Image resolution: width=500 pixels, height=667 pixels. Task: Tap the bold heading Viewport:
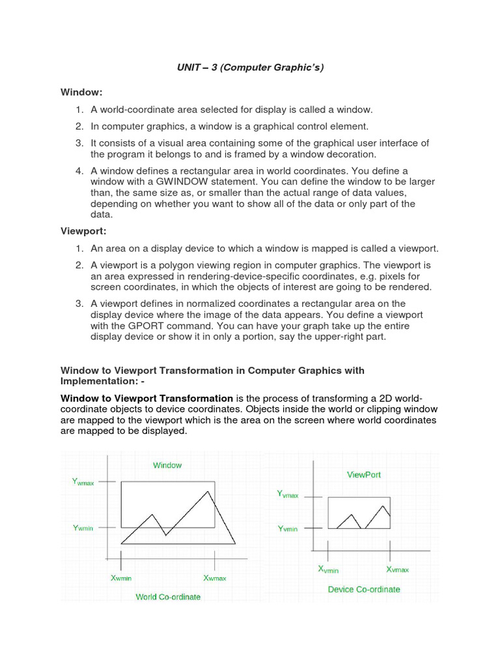pos(83,230)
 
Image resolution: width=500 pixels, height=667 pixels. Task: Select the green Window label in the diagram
pos(167,465)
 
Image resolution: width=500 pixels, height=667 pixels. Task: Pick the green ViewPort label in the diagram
pos(364,475)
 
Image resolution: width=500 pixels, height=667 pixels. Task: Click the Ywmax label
pos(83,482)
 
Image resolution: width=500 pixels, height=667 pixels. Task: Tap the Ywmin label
pos(83,528)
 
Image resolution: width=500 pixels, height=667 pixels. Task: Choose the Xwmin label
pos(121,578)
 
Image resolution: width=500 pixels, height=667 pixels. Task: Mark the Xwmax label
pos(215,578)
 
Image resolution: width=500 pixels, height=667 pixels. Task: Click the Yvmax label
pos(288,495)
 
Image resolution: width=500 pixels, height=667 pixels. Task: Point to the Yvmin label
pos(288,528)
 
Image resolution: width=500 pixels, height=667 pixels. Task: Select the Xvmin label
pos(328,569)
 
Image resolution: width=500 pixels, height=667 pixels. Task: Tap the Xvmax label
pos(397,569)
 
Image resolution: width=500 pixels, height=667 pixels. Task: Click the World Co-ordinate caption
pos(168,596)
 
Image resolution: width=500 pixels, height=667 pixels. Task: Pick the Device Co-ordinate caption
pos(364,589)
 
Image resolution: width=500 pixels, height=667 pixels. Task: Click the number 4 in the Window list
pos(77,170)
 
